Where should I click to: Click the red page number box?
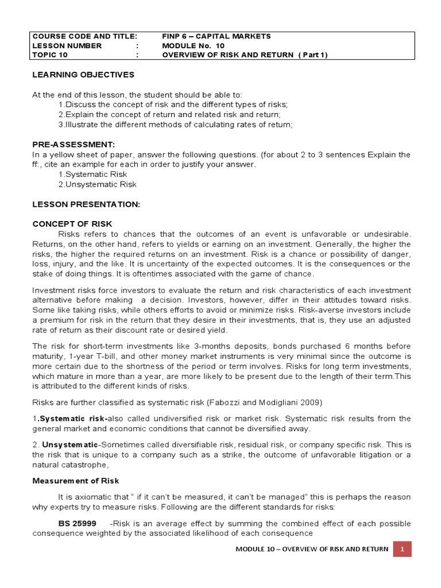coord(403,549)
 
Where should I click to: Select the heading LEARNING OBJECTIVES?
coord(83,75)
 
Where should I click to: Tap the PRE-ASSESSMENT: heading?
coord(73,145)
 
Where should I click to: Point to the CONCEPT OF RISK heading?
coord(72,224)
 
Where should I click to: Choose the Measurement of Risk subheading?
coord(76,480)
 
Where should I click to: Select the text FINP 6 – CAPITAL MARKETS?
coord(216,36)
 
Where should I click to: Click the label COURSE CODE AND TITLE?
coord(84,36)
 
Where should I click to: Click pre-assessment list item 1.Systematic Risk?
coord(92,174)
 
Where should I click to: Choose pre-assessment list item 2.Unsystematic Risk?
coord(98,184)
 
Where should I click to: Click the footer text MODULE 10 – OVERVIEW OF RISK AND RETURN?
coord(312,549)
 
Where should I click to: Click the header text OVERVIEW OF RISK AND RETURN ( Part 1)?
coord(245,55)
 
